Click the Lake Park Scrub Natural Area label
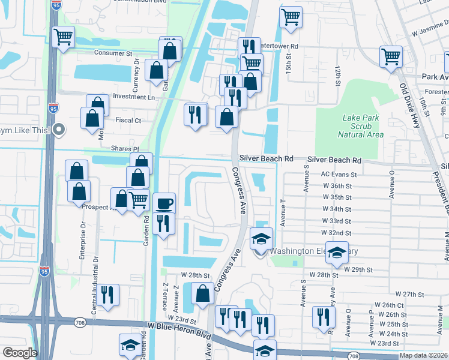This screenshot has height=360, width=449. pos(361,127)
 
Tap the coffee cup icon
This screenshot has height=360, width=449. pos(164,203)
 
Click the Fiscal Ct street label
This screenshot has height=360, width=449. pos(128,120)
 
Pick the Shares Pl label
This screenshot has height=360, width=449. pos(124,148)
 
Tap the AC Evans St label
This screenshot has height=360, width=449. pos(339,175)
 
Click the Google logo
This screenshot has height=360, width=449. pos(20,353)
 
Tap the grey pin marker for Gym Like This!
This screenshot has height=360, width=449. pos(58,129)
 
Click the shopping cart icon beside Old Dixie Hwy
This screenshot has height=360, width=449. pos(391,56)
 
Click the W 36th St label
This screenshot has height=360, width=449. pos(336,186)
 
